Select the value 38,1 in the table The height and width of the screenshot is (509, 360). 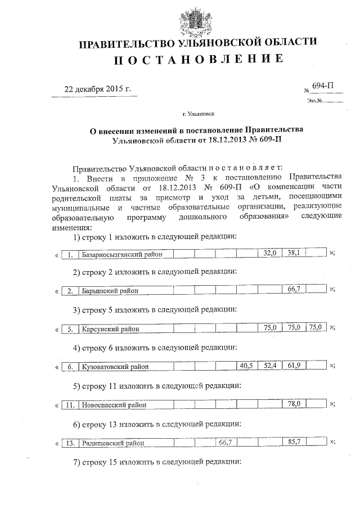click(x=292, y=253)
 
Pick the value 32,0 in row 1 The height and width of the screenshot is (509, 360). click(x=271, y=254)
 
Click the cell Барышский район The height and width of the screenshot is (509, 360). click(x=110, y=291)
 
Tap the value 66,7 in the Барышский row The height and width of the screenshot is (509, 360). click(x=292, y=289)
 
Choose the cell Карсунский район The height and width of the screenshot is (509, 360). click(x=111, y=328)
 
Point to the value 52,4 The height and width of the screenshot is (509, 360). click(x=271, y=366)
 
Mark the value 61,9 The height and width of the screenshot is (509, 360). click(x=292, y=366)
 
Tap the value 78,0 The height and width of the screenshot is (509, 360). click(x=293, y=403)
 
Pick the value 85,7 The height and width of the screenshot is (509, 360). click(x=292, y=442)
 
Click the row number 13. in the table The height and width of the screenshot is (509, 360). click(x=70, y=443)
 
